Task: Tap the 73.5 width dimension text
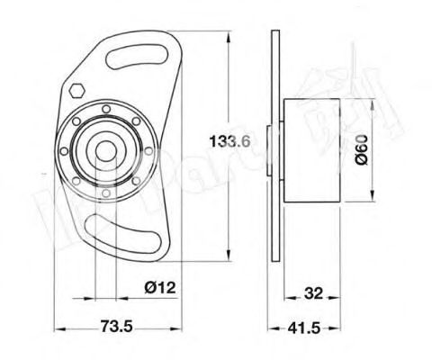click(x=114, y=328)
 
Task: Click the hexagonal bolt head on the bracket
click(x=76, y=91)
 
